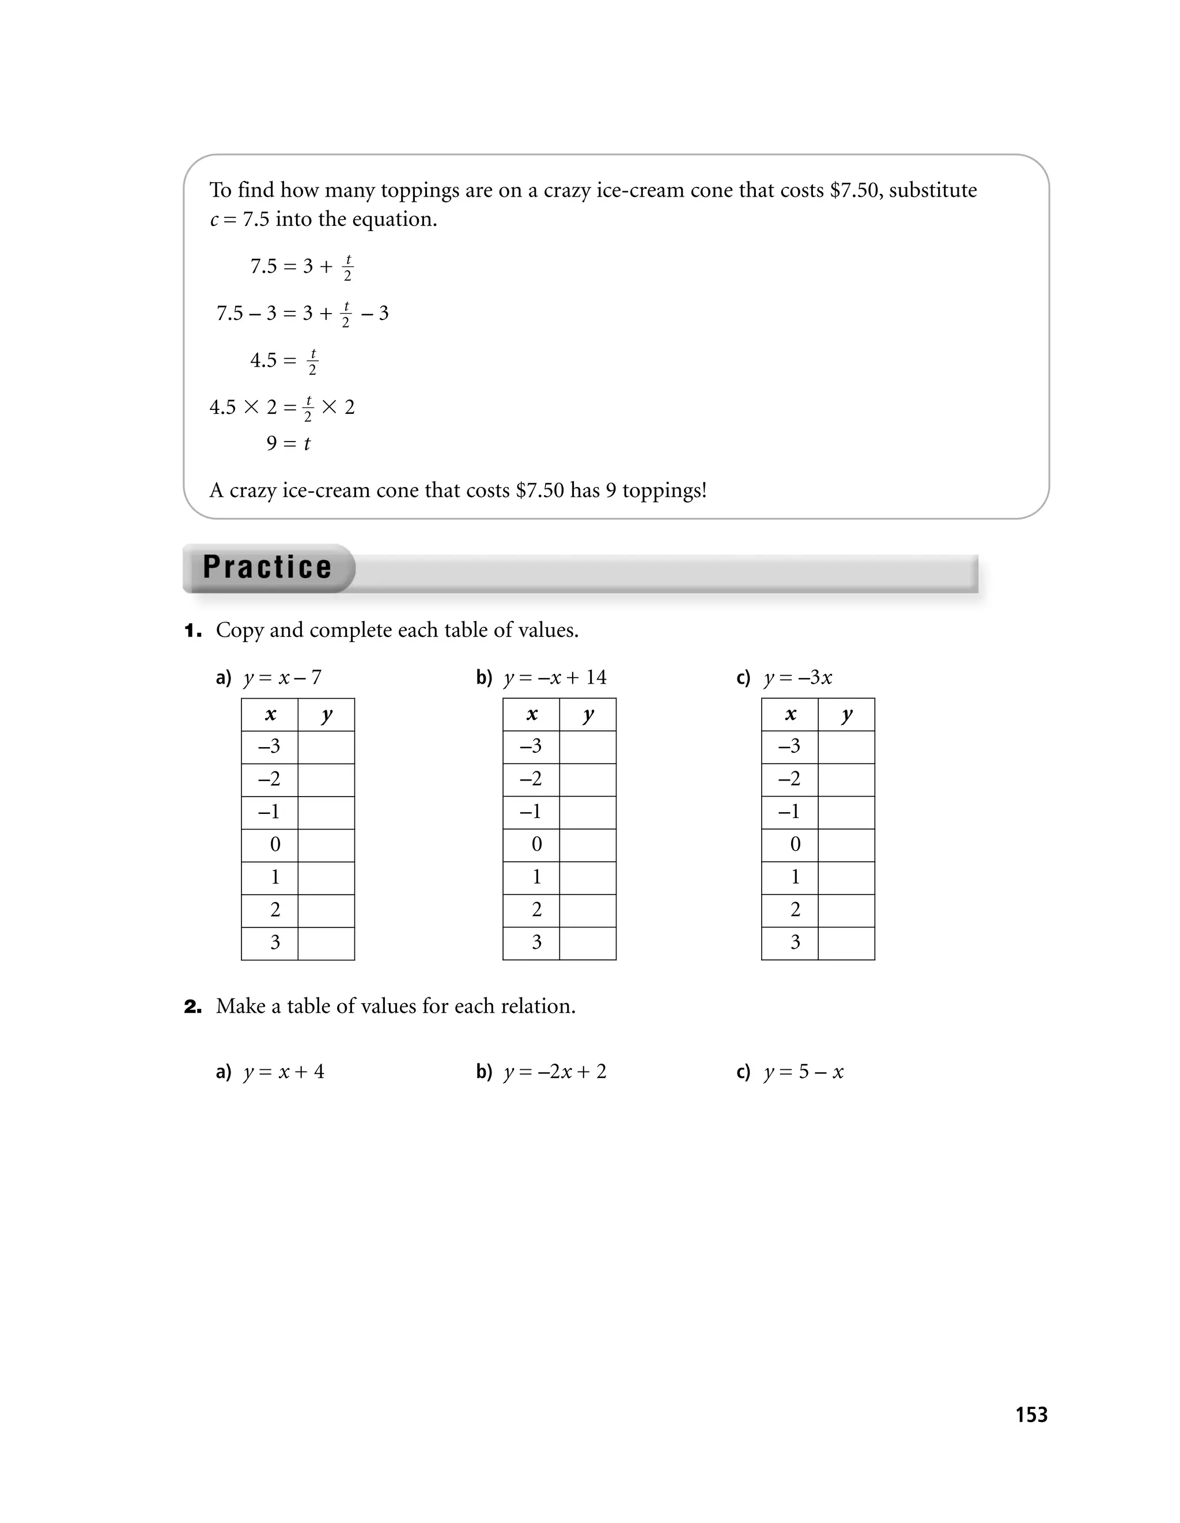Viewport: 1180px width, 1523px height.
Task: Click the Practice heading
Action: [x=268, y=567]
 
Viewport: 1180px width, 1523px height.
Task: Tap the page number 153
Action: [x=1031, y=1415]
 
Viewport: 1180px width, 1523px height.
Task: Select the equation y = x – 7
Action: [x=282, y=678]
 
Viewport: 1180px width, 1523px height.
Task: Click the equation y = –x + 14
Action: [x=555, y=678]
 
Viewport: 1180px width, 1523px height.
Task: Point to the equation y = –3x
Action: [x=798, y=678]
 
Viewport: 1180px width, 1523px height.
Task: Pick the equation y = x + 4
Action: [x=283, y=1072]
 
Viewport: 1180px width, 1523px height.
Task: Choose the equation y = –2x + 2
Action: [x=555, y=1072]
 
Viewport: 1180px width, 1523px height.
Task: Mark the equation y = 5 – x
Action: [x=804, y=1072]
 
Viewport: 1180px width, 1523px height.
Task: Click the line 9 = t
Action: [x=288, y=443]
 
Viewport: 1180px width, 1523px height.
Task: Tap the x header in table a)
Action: [x=270, y=715]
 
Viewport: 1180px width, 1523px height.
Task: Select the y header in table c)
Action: [x=846, y=715]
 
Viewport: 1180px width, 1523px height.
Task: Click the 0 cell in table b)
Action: [x=536, y=845]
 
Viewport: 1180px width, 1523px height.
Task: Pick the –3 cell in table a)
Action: [x=270, y=747]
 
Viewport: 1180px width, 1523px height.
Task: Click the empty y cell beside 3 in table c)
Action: [x=846, y=944]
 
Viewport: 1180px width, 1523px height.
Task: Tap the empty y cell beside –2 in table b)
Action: [x=588, y=779]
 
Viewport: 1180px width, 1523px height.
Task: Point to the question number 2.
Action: [x=193, y=1007]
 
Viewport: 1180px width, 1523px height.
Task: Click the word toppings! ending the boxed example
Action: [x=664, y=491]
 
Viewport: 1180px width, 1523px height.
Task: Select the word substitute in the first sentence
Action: [x=933, y=190]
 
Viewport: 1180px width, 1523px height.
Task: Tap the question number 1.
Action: [x=193, y=631]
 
